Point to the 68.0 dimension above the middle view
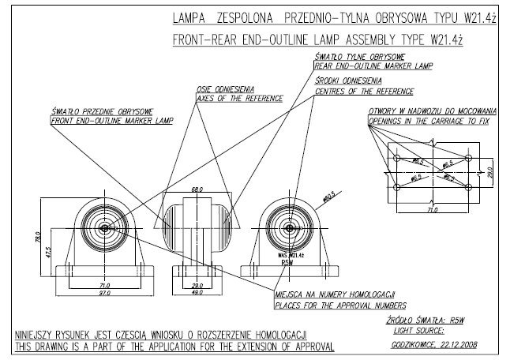[x=197, y=189]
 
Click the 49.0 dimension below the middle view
[x=197, y=293]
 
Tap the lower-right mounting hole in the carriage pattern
[x=469, y=187]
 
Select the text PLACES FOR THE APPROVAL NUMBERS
[x=340, y=304]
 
